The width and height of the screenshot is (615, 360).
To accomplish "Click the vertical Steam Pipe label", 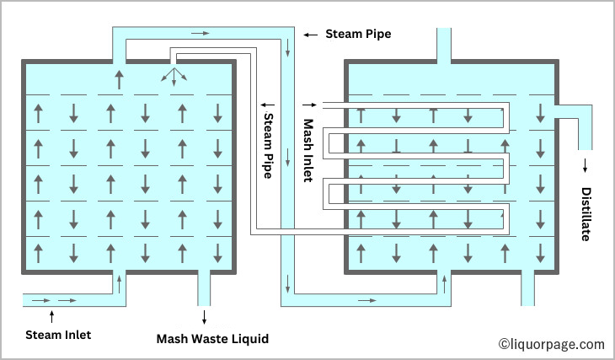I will click(x=269, y=144).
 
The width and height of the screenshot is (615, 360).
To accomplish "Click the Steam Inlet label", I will click(x=57, y=335).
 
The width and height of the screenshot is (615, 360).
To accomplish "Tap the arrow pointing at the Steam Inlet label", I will click(x=52, y=317).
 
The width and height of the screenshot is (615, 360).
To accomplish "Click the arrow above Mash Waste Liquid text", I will click(x=204, y=317).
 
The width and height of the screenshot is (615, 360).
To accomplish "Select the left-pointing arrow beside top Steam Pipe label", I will click(x=310, y=35).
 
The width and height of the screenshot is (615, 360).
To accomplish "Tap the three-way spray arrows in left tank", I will click(x=174, y=77).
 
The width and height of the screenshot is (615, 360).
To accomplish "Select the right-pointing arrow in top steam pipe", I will click(x=200, y=33).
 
